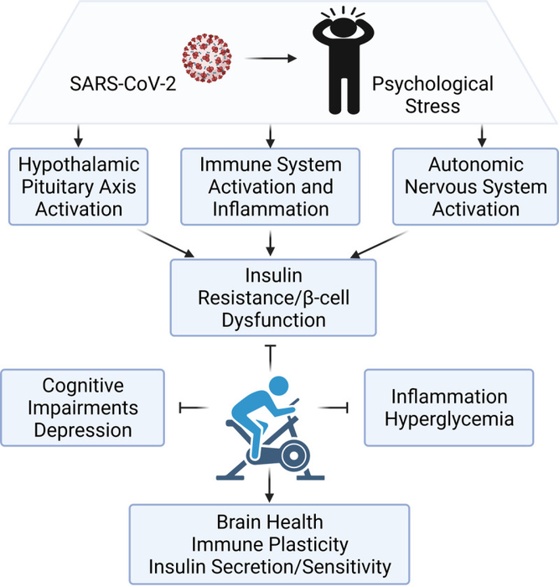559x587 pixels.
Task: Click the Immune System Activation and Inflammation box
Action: [271, 185]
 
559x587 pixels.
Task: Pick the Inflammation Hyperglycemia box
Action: [449, 407]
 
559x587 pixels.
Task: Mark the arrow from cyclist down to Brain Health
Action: [269, 489]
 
